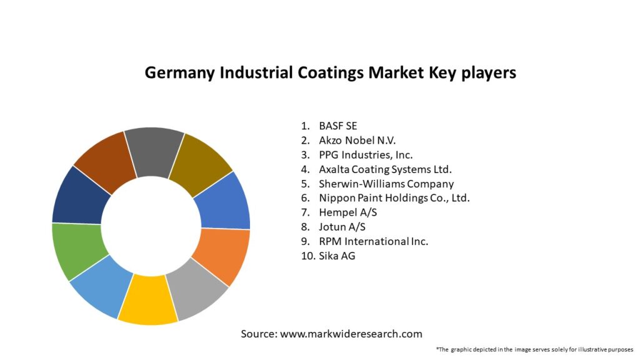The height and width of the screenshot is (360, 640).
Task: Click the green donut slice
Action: pyautogui.click(x=76, y=249)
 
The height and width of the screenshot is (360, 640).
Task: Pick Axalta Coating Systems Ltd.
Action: pyautogui.click(x=385, y=169)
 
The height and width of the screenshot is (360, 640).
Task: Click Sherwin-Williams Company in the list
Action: pyautogui.click(x=386, y=184)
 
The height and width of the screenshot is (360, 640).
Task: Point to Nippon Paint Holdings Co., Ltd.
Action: pyautogui.click(x=394, y=198)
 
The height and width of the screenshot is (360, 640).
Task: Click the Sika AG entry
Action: pyautogui.click(x=337, y=256)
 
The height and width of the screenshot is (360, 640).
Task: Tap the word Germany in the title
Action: pyautogui.click(x=179, y=73)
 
